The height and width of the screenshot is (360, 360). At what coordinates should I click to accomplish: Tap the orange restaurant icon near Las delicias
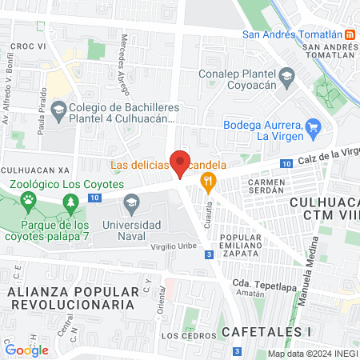click(x=209, y=182)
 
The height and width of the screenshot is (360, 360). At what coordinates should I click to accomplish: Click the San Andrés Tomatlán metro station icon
click(x=350, y=34)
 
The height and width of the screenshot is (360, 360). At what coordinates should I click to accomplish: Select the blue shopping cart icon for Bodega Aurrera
click(x=314, y=126)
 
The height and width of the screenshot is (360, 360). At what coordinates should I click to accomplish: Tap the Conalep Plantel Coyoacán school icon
click(x=288, y=76)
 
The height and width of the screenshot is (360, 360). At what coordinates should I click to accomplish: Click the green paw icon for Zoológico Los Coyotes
click(x=28, y=198)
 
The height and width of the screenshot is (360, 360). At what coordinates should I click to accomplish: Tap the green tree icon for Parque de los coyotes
click(x=74, y=206)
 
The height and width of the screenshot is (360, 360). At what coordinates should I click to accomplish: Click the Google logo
click(x=26, y=349)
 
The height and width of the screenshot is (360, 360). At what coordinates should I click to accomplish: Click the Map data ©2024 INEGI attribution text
click(x=311, y=354)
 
